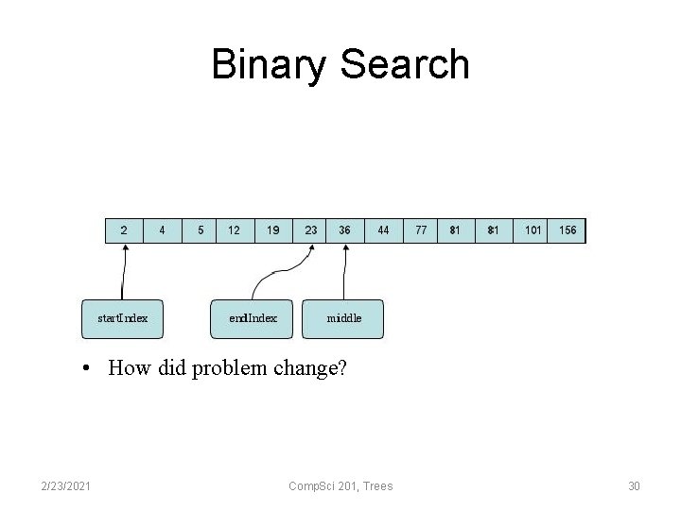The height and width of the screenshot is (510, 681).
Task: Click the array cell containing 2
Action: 124,230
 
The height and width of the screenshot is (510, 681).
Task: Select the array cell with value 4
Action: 162,230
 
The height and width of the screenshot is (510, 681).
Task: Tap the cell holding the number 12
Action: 235,230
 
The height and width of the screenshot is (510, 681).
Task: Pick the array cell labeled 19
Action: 272,230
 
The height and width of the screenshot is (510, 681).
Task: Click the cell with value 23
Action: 310,230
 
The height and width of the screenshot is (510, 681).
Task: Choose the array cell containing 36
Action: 345,230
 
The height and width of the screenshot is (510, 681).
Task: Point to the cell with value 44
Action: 382,230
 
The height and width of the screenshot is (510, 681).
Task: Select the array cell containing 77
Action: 420,230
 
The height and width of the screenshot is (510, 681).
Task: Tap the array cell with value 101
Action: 533,230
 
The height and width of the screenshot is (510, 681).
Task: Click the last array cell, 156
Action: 567,230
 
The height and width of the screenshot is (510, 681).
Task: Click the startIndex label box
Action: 123,318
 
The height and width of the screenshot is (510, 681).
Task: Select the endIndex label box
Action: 253,318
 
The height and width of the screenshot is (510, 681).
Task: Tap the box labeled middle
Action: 343,318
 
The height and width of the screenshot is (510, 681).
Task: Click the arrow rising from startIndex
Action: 122,274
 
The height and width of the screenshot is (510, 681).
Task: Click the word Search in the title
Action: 404,65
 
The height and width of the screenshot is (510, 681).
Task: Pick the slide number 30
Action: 634,485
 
